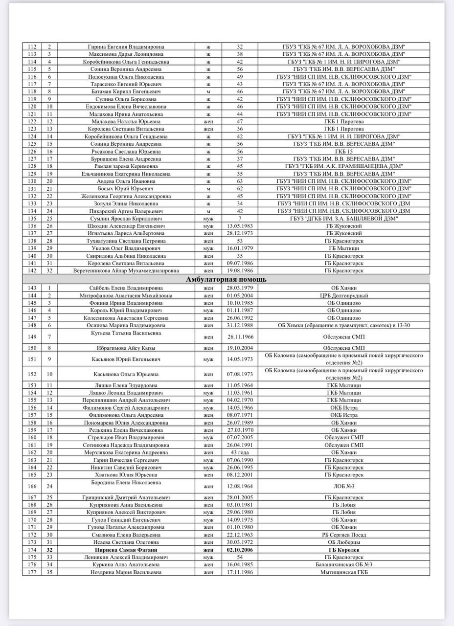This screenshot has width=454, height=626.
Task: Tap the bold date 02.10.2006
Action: [240, 550]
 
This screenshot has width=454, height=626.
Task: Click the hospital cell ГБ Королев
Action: [344, 550]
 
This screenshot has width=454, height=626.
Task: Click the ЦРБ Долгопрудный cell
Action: [344, 295]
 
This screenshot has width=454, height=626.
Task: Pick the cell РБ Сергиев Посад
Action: [344, 535]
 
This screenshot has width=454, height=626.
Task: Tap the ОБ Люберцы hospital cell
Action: [344, 542]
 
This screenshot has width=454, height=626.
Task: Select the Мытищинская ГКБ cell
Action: [344, 572]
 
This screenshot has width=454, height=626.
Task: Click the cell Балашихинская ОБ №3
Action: [344, 564]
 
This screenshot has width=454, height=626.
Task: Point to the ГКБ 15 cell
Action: [344, 151]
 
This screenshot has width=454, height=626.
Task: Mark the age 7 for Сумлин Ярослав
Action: [240, 218]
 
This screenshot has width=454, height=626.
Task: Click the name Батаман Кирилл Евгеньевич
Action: [126, 91]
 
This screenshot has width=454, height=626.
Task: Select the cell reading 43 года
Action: [240, 452]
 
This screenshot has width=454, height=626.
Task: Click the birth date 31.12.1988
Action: [240, 325]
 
